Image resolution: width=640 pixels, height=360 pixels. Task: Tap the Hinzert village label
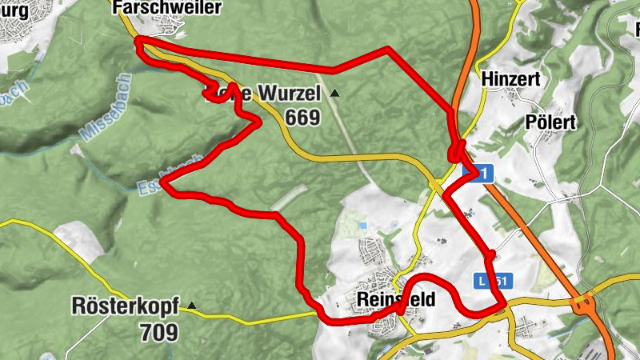(512, 79)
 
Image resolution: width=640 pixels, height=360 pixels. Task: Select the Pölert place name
(550, 122)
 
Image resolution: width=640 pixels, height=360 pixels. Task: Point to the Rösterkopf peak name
(125, 306)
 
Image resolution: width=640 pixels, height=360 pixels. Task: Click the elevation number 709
(158, 330)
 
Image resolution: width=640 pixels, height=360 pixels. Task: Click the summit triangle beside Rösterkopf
(191, 305)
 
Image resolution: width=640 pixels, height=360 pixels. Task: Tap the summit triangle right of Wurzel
(334, 94)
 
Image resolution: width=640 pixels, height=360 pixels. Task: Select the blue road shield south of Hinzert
(478, 172)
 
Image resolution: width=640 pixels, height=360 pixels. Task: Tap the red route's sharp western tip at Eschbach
(162, 182)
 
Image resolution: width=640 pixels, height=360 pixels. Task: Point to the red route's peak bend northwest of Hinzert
(387, 50)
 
